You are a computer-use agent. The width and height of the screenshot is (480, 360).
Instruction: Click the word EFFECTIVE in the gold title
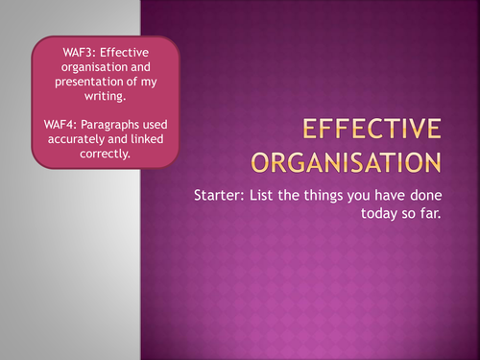point(372,129)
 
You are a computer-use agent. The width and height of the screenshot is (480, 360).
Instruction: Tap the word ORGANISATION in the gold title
point(347,162)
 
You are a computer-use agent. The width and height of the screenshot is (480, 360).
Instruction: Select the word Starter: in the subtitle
point(219,195)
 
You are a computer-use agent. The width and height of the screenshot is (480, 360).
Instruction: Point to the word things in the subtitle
point(323,196)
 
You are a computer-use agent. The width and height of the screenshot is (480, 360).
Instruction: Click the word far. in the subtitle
point(431,213)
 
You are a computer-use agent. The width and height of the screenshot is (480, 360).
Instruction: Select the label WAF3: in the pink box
point(80,53)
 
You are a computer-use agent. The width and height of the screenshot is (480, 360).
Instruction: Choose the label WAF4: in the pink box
point(60,125)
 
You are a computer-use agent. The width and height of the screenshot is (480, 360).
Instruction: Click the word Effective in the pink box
point(125,53)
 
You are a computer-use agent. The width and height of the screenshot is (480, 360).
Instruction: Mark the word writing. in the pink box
point(105,96)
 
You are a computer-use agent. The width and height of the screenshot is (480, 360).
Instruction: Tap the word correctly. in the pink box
point(105,154)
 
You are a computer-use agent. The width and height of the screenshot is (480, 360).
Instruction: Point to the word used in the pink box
point(156,125)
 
